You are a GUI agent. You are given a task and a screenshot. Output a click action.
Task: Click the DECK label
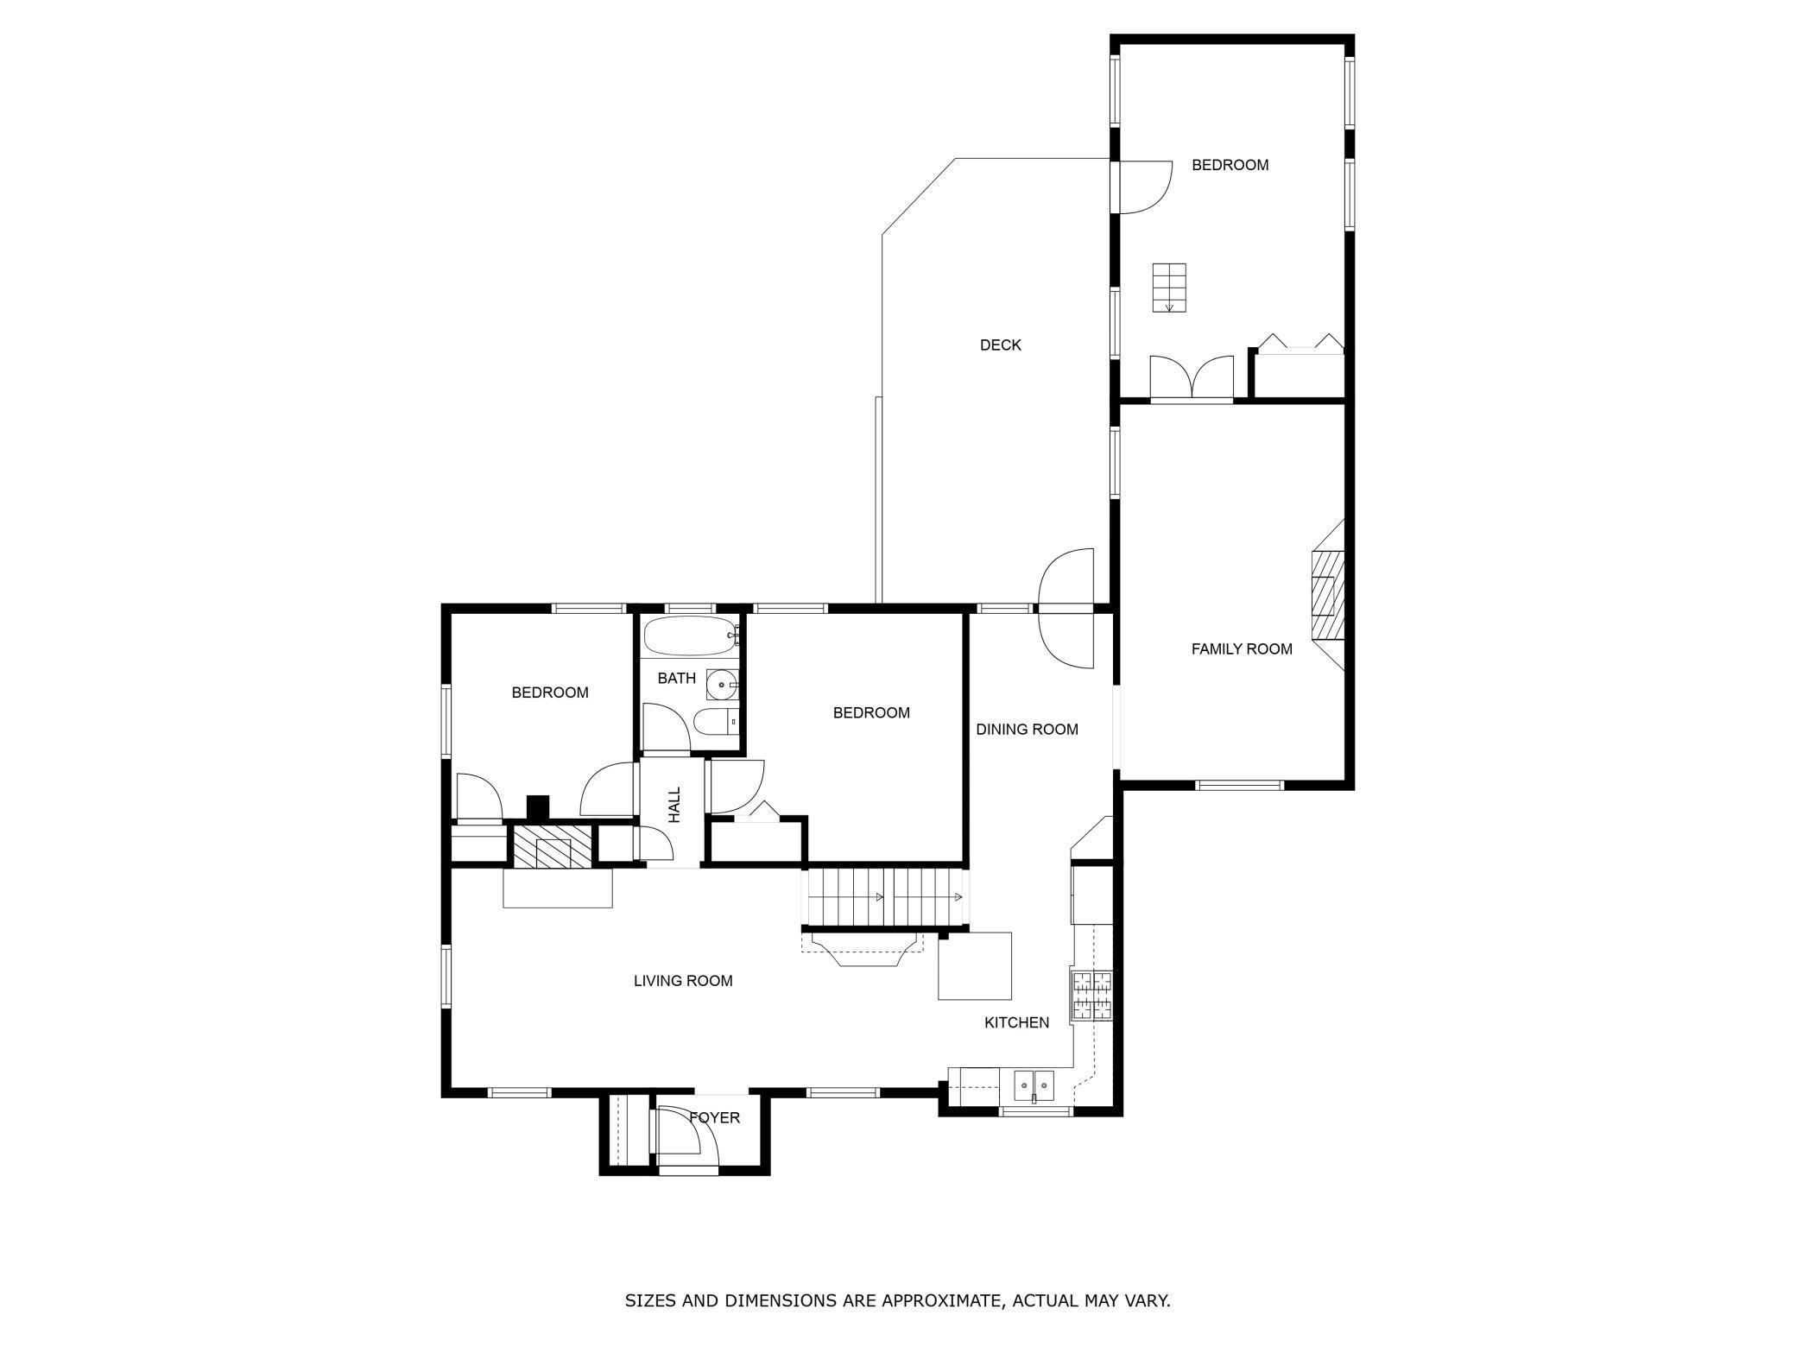pos(1000,345)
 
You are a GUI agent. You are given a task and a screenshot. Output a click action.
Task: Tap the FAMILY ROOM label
pos(1241,649)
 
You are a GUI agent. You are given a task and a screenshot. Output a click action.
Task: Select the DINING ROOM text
pos(1027,730)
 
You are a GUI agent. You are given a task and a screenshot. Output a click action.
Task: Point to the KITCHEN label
pos(1016,1022)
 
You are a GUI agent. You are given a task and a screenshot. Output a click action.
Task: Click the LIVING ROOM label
pos(682,981)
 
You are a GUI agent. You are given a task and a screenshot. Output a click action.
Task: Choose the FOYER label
pos(714,1118)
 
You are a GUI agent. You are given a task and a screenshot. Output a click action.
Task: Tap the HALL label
pos(674,804)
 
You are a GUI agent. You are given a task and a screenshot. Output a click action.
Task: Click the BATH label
pos(676,679)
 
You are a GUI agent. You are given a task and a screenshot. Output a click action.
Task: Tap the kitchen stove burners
pos(1092,996)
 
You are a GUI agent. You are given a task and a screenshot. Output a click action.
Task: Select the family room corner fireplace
pos(1328,594)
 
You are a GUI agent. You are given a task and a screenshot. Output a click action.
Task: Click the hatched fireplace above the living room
pos(553,845)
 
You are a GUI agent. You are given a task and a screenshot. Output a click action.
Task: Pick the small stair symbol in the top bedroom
pos(1168,288)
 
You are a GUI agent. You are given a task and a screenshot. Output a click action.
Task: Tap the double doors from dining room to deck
pos(1066,609)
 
